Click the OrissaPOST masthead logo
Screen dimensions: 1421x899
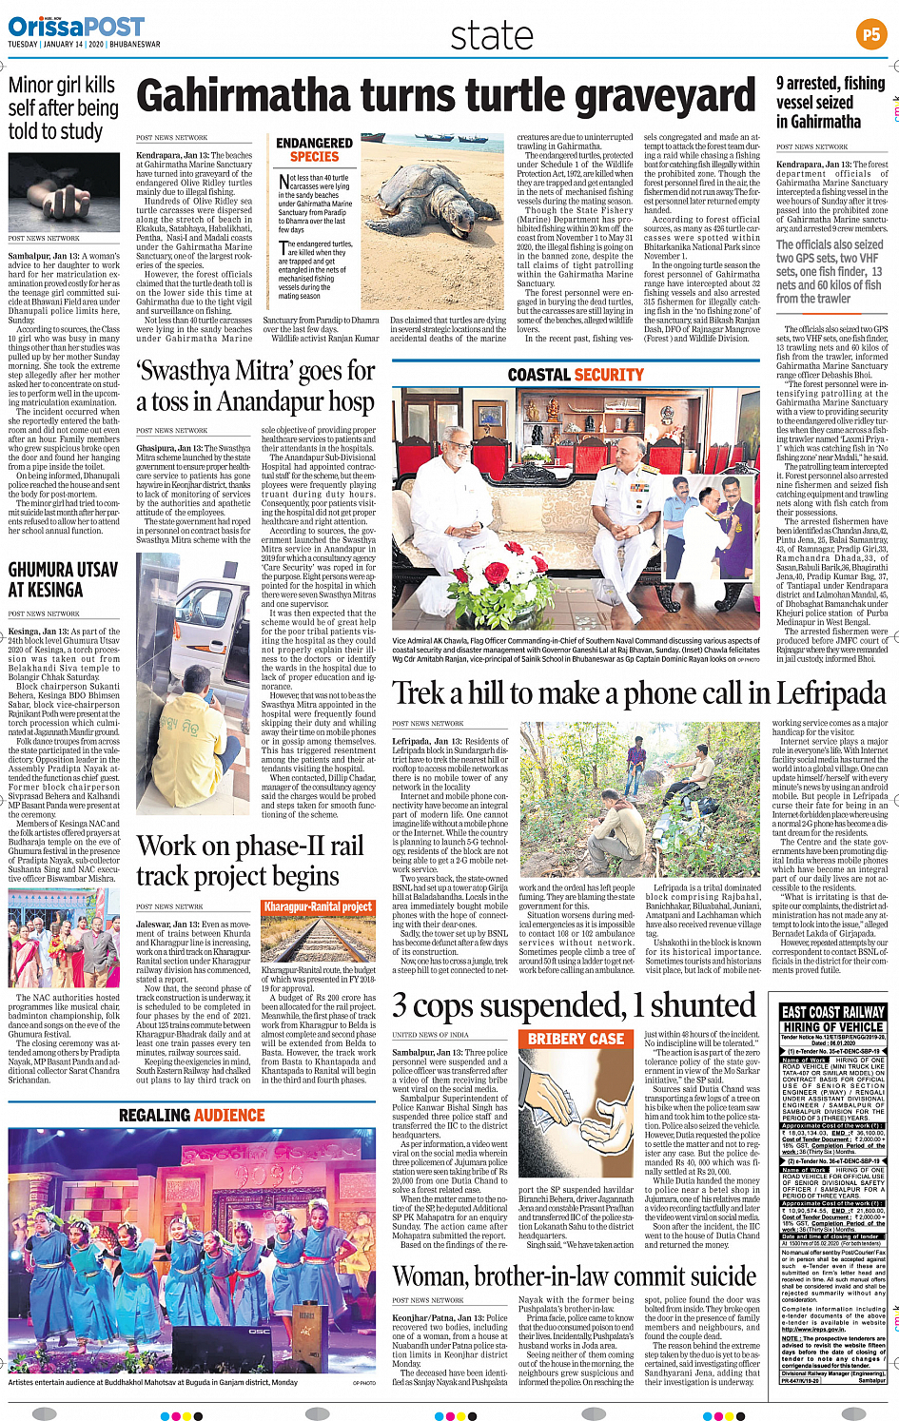[76, 27]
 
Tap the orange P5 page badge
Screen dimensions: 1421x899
[870, 35]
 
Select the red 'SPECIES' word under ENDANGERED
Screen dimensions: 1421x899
[314, 157]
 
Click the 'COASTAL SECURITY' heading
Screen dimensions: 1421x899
[576, 375]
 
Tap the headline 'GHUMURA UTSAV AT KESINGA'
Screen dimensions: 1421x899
[63, 579]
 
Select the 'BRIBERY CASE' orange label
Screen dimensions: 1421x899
[576, 1039]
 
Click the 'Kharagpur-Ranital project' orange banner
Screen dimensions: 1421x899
[318, 906]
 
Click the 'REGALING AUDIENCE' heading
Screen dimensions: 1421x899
[191, 1115]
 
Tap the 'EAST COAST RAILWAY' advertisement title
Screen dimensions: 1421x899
[832, 1012]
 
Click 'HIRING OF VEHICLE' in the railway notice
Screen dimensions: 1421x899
[832, 1027]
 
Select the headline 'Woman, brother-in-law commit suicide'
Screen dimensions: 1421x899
[575, 1275]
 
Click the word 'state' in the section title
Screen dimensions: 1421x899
[492, 36]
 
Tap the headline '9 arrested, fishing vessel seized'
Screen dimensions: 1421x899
[830, 102]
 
